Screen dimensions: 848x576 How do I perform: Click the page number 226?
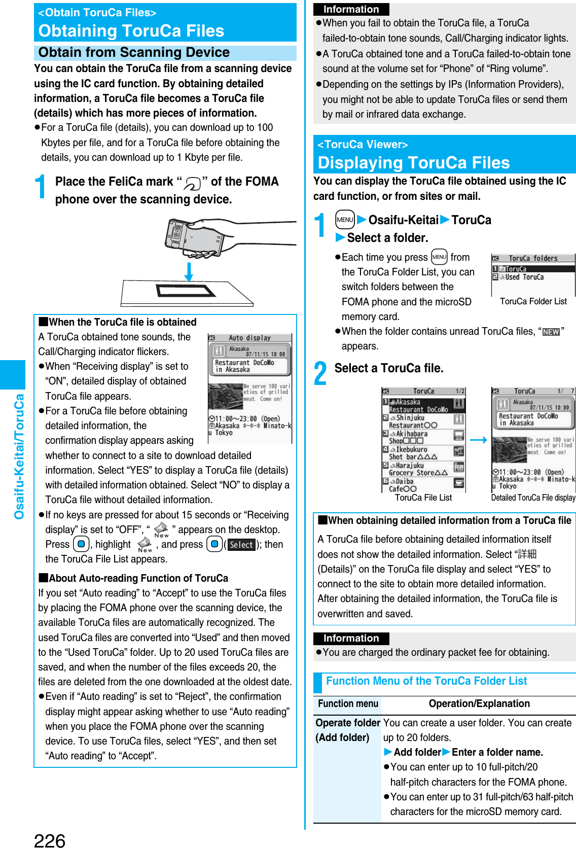click(50, 839)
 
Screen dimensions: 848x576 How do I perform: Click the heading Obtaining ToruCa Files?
click(131, 31)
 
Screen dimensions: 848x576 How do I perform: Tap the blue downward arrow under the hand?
click(189, 272)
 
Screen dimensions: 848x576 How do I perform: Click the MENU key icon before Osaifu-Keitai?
click(345, 220)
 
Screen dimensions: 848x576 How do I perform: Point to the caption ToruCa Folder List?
click(533, 301)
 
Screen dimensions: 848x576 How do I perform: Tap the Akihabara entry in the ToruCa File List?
click(411, 437)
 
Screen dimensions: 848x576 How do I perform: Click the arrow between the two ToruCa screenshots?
click(478, 440)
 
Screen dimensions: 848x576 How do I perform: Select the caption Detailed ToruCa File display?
click(533, 498)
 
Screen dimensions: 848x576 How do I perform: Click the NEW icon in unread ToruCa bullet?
click(551, 332)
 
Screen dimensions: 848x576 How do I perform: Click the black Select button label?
click(241, 545)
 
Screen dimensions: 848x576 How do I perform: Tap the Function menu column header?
click(348, 703)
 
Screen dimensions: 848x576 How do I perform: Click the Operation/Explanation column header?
click(479, 703)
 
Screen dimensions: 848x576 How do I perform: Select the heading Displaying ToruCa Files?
click(413, 163)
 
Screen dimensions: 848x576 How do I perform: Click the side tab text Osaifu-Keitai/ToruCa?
click(19, 456)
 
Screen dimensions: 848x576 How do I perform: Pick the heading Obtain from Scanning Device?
click(134, 53)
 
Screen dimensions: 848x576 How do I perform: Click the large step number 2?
click(320, 374)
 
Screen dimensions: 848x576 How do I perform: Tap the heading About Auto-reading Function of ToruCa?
click(138, 578)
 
